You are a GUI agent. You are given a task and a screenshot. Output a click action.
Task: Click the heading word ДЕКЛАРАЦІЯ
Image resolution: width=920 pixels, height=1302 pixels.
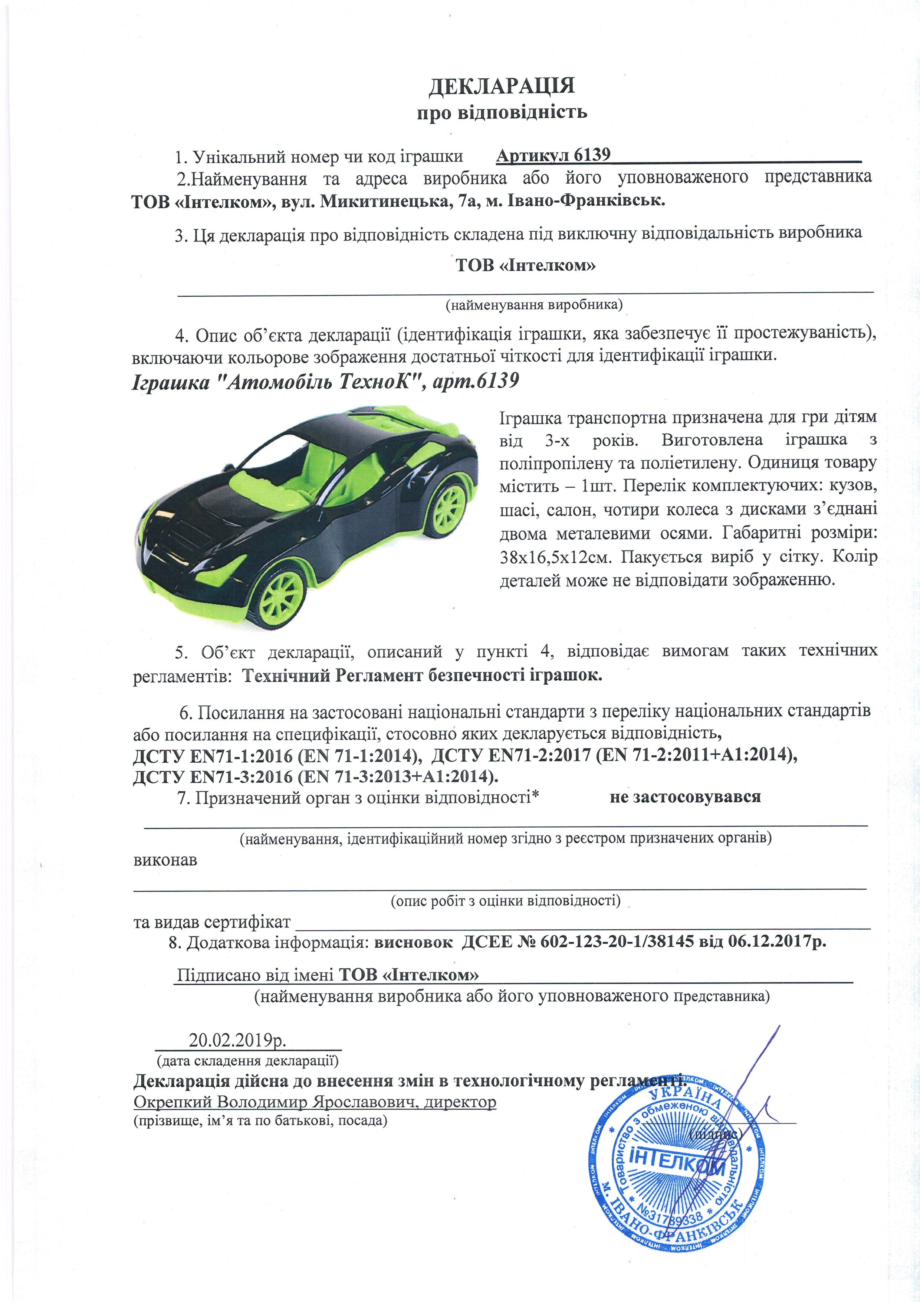(x=501, y=86)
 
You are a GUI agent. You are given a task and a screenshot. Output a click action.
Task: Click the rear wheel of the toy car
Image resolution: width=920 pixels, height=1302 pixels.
(x=448, y=507)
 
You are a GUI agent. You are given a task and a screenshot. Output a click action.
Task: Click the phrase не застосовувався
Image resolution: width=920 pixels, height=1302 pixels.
(x=685, y=797)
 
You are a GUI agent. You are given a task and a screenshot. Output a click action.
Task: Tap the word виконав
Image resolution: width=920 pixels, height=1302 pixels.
(x=165, y=860)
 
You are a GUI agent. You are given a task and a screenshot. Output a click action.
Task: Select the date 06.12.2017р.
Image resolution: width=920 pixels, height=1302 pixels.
(x=776, y=942)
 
